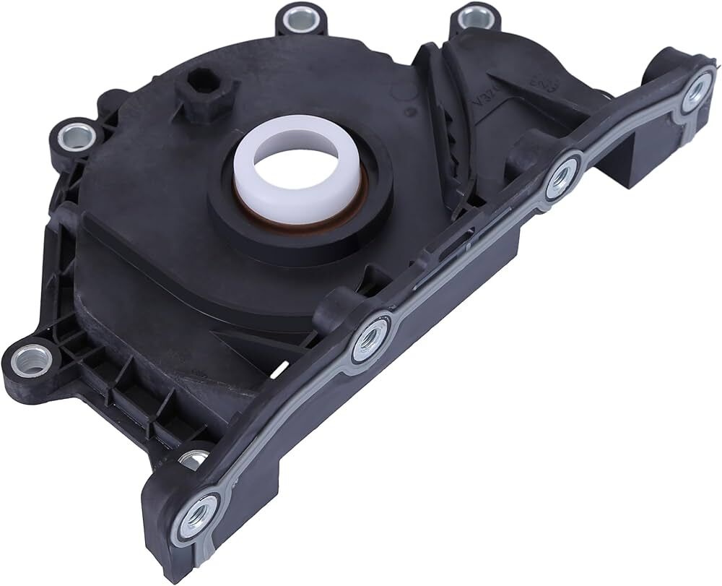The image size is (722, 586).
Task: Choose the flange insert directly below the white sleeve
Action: tap(370, 336)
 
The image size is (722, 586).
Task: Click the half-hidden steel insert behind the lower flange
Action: tap(193, 457)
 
